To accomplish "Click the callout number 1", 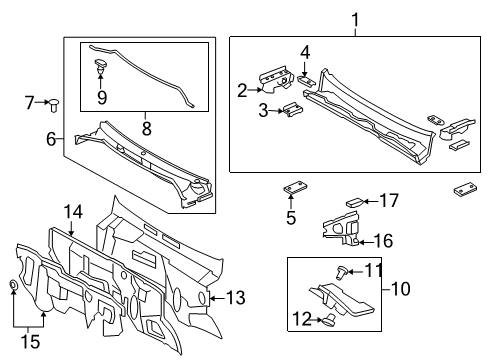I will coord(355,19).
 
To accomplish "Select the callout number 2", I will coord(242,92).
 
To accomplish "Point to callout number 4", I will coord(306,52).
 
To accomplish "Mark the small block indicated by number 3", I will coord(291,110).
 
